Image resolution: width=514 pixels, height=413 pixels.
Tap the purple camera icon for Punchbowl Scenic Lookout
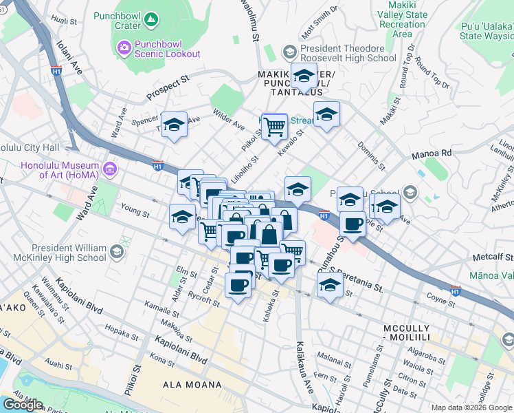124,47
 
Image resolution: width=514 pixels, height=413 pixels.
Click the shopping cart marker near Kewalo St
274,126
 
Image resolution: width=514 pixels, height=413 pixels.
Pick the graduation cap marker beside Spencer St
175,125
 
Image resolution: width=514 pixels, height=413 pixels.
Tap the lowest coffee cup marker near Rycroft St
238,285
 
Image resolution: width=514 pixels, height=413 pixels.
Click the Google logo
23,405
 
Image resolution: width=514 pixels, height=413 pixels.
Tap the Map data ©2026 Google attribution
471,407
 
